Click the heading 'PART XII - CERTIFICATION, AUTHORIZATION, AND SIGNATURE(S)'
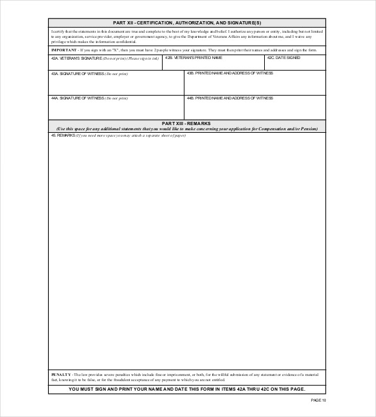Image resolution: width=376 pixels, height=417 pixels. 187,22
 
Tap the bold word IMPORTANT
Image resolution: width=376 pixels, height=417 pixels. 64,49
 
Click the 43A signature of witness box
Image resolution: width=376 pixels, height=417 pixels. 116,84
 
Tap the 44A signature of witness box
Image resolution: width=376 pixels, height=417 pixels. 116,108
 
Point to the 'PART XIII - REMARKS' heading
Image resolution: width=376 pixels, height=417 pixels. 187,123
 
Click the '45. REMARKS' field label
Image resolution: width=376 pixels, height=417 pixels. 62,135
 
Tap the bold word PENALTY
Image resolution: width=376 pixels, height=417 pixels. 62,373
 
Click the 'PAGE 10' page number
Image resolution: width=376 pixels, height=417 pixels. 318,400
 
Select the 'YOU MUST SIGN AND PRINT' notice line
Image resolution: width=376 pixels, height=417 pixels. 187,389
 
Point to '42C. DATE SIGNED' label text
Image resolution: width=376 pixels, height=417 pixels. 283,58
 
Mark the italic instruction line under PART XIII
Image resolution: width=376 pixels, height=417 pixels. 187,128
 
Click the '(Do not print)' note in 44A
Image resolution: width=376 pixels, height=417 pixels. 116,98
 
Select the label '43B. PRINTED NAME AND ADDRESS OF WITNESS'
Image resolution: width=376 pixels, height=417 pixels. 229,73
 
